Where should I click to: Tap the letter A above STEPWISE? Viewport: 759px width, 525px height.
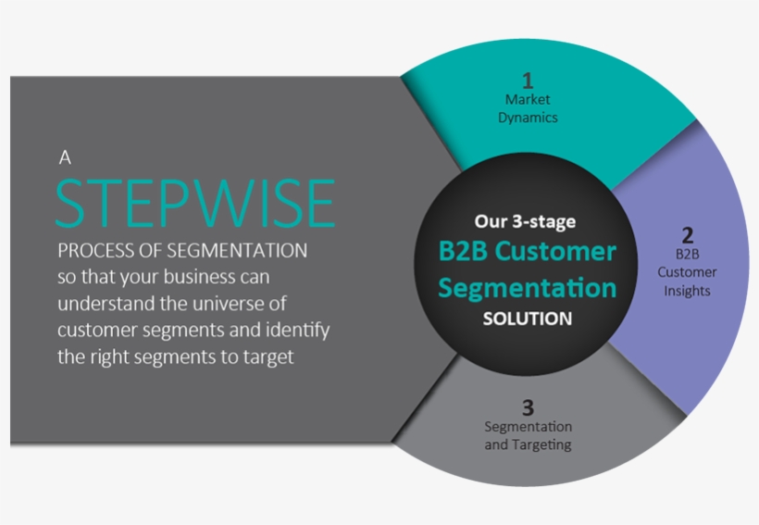[65, 158]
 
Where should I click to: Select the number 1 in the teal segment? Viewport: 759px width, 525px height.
[528, 81]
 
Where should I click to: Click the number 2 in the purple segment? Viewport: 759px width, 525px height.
[687, 234]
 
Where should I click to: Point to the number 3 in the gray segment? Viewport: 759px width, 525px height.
[528, 406]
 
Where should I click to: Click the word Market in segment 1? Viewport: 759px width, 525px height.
[528, 100]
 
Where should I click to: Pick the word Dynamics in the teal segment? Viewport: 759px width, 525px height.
[528, 118]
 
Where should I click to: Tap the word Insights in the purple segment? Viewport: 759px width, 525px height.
[687, 291]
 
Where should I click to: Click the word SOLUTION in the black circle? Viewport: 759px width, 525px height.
[527, 319]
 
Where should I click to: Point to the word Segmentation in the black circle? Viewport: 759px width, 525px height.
[527, 288]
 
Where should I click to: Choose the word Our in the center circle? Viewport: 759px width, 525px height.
[491, 221]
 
